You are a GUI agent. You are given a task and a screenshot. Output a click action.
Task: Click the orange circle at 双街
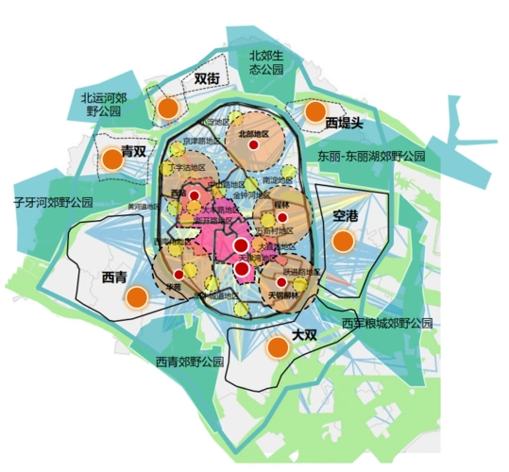click(168, 108)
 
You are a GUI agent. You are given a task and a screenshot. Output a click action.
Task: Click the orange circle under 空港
click(343, 240)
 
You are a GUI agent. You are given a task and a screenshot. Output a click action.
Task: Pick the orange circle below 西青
click(137, 298)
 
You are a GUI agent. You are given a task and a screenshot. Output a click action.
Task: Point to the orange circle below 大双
click(277, 347)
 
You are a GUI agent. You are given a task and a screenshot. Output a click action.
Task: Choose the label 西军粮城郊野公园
click(386, 323)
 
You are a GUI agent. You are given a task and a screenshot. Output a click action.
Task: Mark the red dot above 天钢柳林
click(281, 280)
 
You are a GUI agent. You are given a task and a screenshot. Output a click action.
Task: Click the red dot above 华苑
click(178, 274)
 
